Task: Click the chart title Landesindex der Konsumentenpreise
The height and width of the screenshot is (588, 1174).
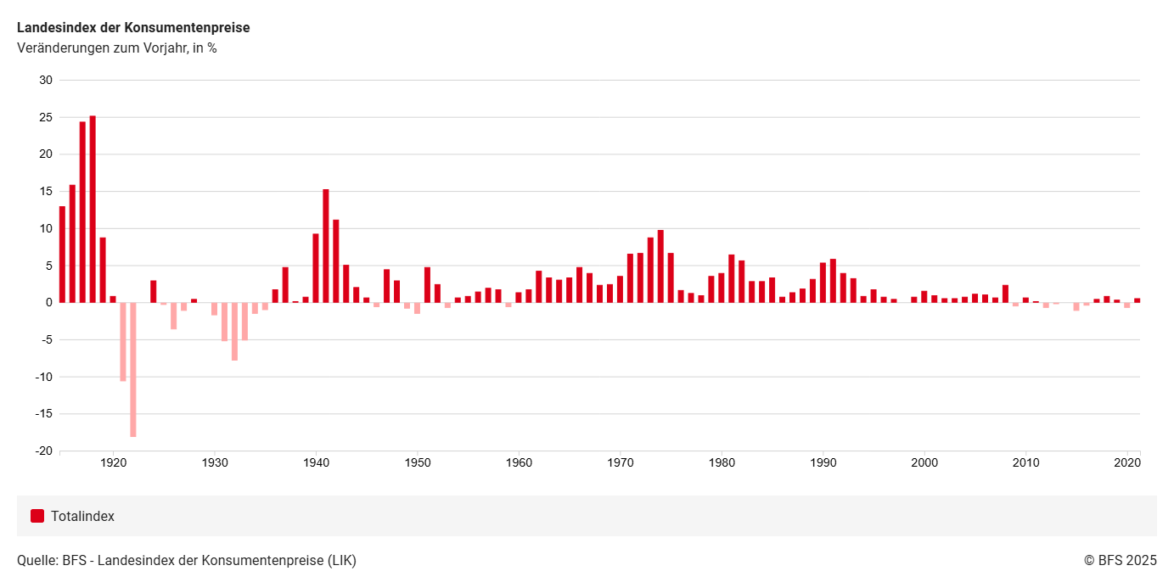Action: pyautogui.click(x=133, y=28)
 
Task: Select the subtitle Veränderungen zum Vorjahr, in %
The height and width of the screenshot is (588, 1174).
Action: pyautogui.click(x=116, y=48)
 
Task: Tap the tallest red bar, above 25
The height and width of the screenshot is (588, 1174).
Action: pyautogui.click(x=93, y=209)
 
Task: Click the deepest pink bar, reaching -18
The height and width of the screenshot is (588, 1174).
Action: pyautogui.click(x=133, y=369)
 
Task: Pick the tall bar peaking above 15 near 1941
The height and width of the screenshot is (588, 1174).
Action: pyautogui.click(x=326, y=245)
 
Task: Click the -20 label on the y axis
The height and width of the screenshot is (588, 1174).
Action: pyautogui.click(x=42, y=451)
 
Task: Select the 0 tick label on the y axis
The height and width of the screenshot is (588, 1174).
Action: pyautogui.click(x=48, y=303)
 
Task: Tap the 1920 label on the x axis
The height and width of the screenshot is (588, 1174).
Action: pyautogui.click(x=113, y=463)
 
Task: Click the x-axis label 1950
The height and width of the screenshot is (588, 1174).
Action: pyautogui.click(x=418, y=463)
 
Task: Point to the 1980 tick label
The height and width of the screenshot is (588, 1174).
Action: pyautogui.click(x=722, y=463)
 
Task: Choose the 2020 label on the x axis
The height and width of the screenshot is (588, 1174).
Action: pyautogui.click(x=1126, y=463)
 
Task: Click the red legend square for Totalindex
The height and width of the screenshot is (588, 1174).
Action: pyautogui.click(x=37, y=516)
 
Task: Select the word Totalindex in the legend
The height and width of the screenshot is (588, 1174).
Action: pyautogui.click(x=82, y=517)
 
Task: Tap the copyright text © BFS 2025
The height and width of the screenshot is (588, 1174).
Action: pyautogui.click(x=1120, y=560)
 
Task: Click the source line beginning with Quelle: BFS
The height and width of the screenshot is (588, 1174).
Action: pyautogui.click(x=187, y=560)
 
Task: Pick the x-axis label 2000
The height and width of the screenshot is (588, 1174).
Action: pyautogui.click(x=924, y=463)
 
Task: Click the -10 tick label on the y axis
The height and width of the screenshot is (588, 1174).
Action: pyautogui.click(x=42, y=377)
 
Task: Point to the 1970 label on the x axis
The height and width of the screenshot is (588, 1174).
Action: pyautogui.click(x=621, y=463)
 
